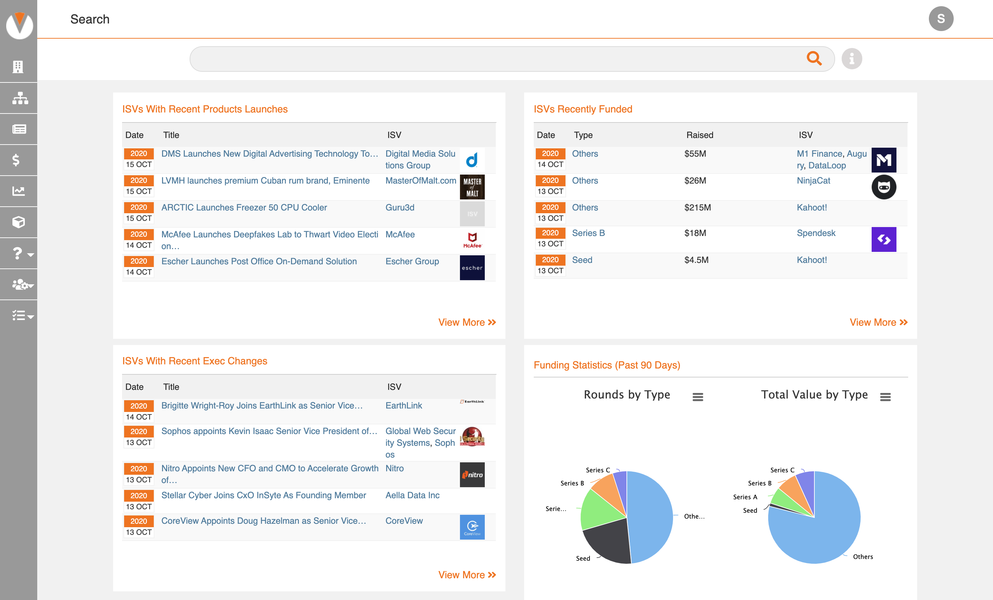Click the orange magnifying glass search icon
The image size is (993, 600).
[x=814, y=59]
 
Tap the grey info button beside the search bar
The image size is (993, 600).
[x=851, y=59]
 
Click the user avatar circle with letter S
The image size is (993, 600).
[x=940, y=19]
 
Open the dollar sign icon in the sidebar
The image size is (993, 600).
[x=16, y=160]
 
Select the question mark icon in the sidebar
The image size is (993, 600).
[x=17, y=254]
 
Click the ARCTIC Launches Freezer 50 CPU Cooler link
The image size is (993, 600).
[x=244, y=208]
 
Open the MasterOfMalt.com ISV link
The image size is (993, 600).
[x=420, y=181]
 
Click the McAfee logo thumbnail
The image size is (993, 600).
[x=472, y=240]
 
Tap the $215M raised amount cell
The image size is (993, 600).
[x=697, y=208]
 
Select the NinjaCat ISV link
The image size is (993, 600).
[x=813, y=181]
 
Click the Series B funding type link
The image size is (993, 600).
[x=588, y=233]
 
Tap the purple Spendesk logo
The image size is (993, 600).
[x=883, y=239]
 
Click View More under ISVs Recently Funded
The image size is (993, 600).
[x=878, y=323]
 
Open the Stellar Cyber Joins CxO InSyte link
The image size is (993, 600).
[x=263, y=495]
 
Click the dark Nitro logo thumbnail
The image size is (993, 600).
[x=472, y=475]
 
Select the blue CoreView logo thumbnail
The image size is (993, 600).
[x=472, y=527]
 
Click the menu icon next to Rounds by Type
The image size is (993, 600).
[x=698, y=397]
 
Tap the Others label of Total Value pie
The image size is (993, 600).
[x=862, y=557]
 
